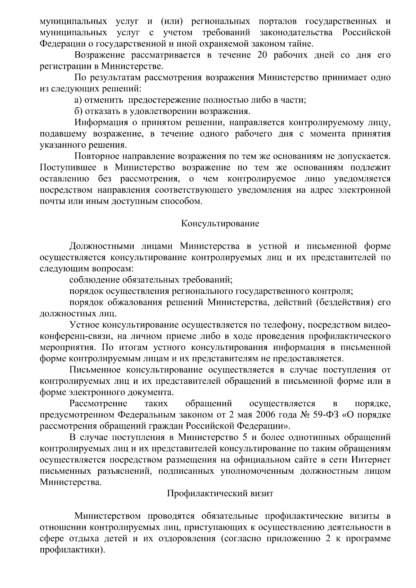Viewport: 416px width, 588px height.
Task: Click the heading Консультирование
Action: click(220, 223)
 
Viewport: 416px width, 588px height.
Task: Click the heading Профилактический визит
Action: click(220, 493)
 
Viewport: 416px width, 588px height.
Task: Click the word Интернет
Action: click(371, 460)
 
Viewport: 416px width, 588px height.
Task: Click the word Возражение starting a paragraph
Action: click(98, 55)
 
